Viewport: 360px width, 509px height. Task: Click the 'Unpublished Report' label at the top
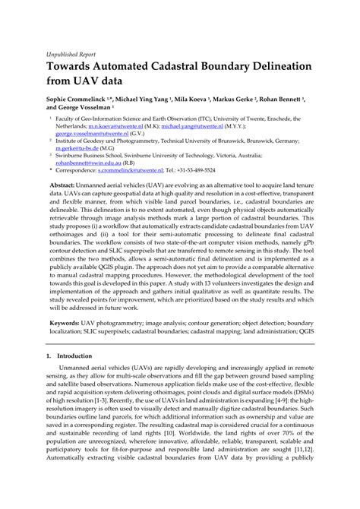tap(62, 55)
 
